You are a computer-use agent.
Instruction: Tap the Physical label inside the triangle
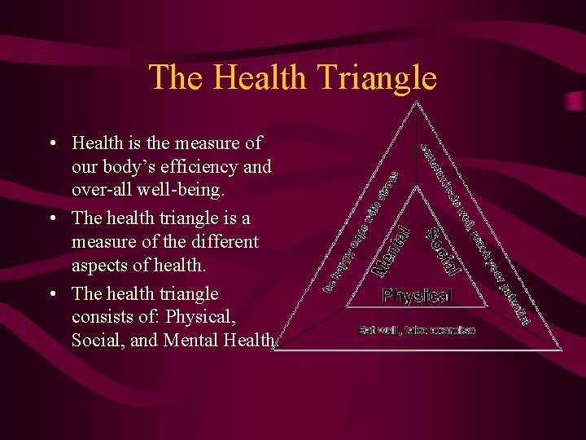417,295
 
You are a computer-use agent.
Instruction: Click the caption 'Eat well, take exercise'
417,330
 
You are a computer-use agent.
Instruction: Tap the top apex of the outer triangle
416,103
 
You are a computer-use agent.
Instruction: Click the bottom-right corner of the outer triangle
560,350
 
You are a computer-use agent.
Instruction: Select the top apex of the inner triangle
417,186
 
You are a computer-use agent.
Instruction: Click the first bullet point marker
51,144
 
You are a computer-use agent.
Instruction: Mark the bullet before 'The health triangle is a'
51,218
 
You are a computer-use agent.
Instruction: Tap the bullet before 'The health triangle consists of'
51,293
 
